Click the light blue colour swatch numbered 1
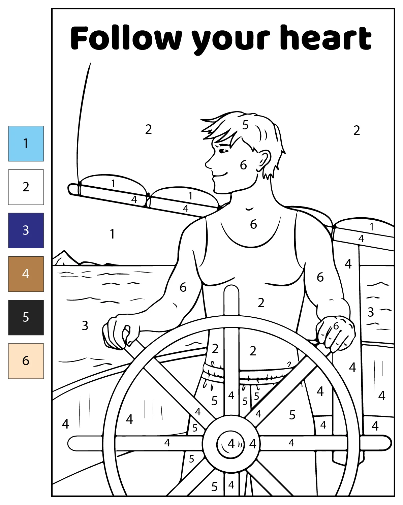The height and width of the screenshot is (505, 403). (x=26, y=144)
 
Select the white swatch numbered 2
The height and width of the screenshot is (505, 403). (x=26, y=187)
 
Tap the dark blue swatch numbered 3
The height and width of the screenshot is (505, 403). (x=26, y=230)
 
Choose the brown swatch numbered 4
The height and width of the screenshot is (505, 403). (x=26, y=274)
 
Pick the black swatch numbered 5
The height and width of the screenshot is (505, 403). (x=26, y=317)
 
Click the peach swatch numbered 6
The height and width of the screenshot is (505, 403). (x=26, y=361)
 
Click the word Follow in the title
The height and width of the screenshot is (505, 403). (x=126, y=38)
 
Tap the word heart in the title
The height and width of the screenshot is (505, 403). (x=326, y=37)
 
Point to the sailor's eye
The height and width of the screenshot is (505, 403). (x=223, y=151)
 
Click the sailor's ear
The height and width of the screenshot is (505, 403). (x=264, y=161)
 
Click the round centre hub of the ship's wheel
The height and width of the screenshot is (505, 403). (x=231, y=443)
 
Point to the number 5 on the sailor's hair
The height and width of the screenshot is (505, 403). (x=245, y=125)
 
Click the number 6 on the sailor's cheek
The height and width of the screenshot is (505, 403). (x=243, y=165)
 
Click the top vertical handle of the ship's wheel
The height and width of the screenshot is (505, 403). (x=231, y=300)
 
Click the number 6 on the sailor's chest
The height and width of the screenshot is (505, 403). (x=253, y=224)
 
